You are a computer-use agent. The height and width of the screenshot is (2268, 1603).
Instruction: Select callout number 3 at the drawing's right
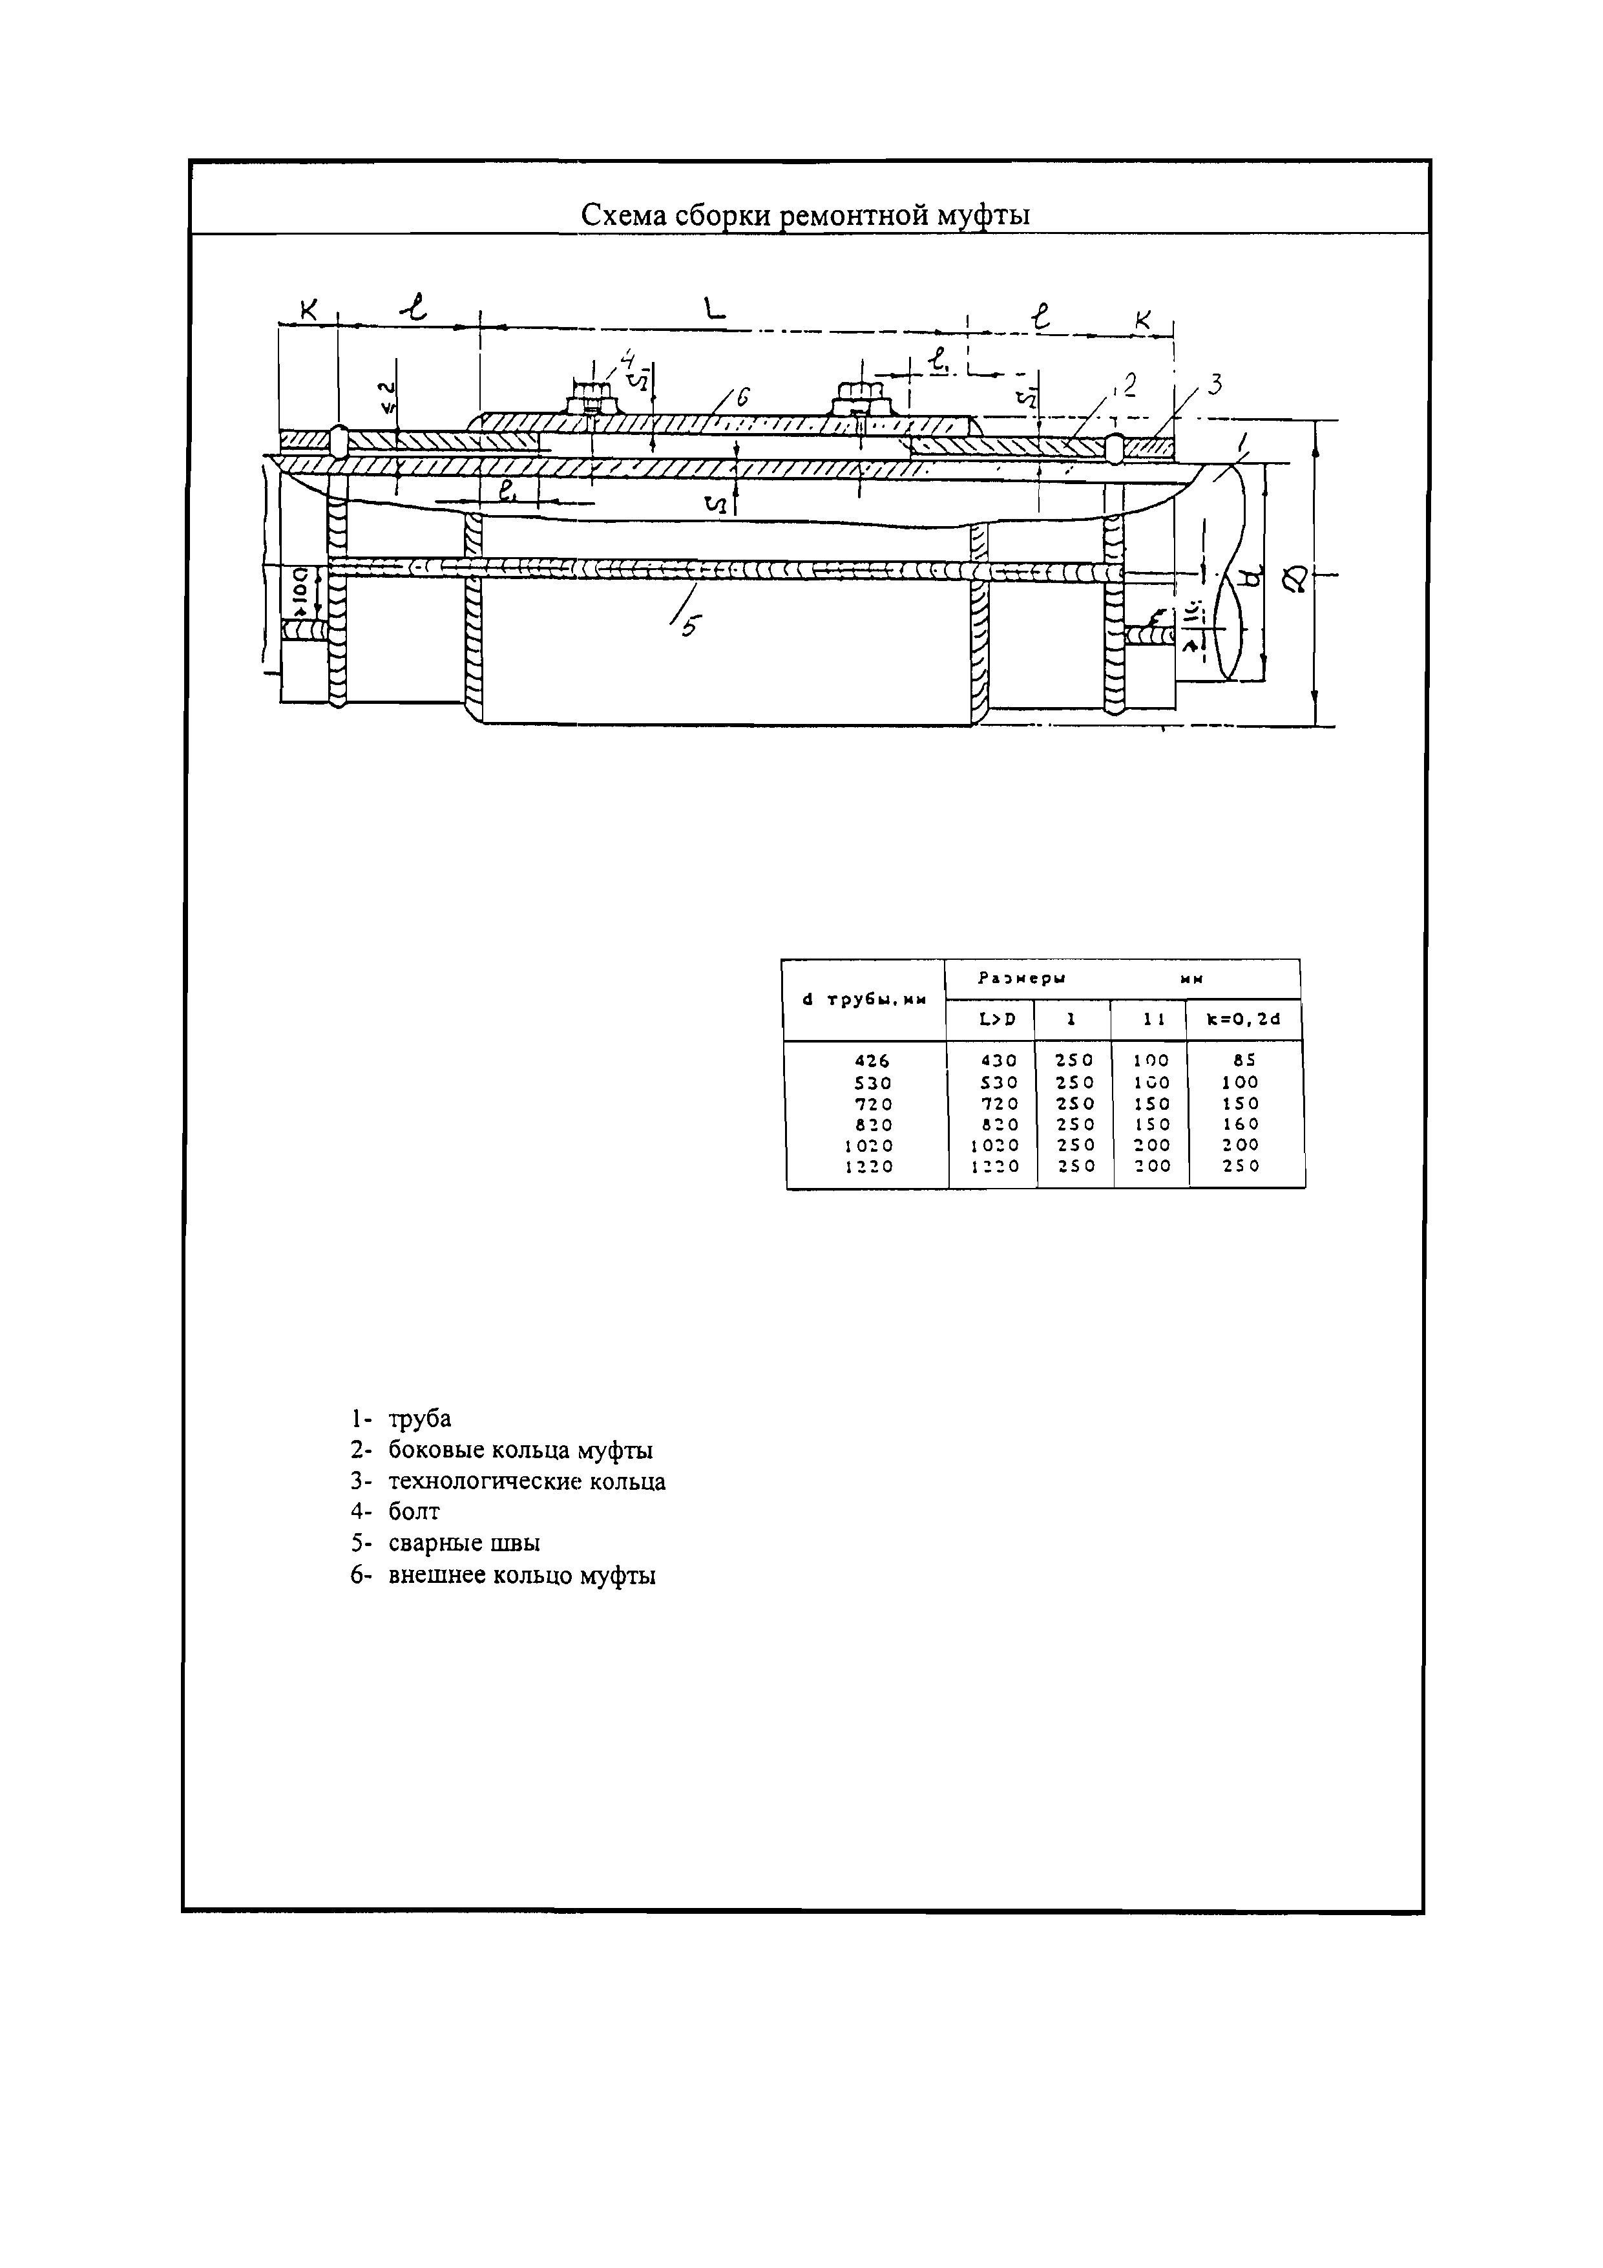[1215, 385]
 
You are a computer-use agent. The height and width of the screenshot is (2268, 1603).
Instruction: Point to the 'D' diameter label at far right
[1296, 578]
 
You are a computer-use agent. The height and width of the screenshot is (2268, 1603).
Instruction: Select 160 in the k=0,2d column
[1241, 1124]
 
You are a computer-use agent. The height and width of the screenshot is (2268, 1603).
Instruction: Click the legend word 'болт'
[414, 1511]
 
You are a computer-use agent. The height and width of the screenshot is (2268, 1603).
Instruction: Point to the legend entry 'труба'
[420, 1419]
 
